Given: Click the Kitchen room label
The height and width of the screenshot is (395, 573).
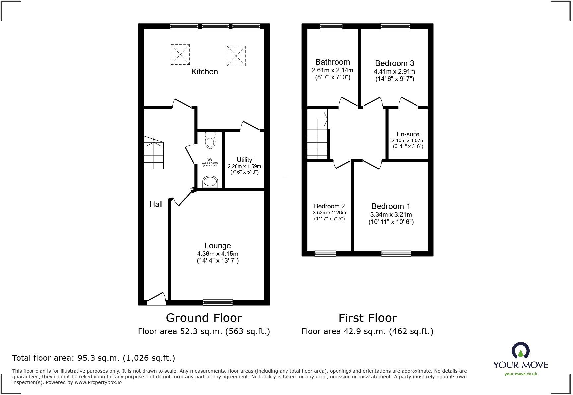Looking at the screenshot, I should [x=204, y=72].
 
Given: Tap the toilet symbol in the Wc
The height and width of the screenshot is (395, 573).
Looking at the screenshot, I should [x=210, y=141].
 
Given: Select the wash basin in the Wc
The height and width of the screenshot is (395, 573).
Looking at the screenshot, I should [x=210, y=182].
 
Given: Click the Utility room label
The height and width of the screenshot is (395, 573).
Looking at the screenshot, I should [x=244, y=160].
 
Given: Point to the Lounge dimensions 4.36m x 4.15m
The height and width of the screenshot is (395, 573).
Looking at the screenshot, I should [x=218, y=254].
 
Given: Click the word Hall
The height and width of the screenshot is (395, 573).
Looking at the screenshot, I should [x=156, y=204].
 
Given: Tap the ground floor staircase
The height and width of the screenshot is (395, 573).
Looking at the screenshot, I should [x=154, y=153].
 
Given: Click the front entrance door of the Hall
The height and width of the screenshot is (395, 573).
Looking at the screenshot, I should [x=156, y=299].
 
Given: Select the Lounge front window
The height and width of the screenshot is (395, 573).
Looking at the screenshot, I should [x=218, y=302].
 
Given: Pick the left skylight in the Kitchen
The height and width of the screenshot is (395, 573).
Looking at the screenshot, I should [x=180, y=54].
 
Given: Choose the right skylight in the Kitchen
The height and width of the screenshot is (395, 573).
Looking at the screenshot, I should [x=236, y=56].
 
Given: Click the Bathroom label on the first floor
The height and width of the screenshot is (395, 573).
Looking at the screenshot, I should [x=332, y=62].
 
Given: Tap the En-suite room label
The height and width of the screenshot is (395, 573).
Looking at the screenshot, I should [x=408, y=134].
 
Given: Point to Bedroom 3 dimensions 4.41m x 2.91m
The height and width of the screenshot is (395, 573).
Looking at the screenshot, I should [x=395, y=71].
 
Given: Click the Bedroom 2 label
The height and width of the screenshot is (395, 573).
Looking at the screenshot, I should [x=329, y=206].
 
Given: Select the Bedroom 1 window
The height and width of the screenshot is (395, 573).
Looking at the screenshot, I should [x=396, y=254].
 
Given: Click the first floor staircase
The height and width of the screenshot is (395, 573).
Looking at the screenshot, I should [x=317, y=139].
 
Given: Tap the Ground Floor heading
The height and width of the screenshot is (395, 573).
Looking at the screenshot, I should [x=204, y=318].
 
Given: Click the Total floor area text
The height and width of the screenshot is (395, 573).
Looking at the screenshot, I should [x=94, y=358].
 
